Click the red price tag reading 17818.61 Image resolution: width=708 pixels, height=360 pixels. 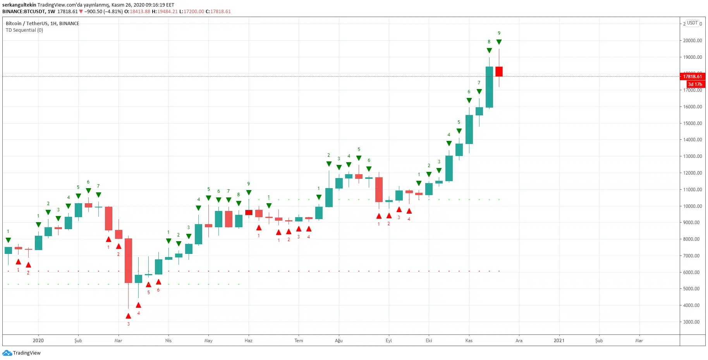pyautogui.click(x=692, y=76)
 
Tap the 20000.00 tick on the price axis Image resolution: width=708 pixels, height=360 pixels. pyautogui.click(x=693, y=41)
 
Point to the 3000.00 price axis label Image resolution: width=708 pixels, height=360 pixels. pyautogui.click(x=693, y=322)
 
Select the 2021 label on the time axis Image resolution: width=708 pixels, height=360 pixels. pyautogui.click(x=559, y=341)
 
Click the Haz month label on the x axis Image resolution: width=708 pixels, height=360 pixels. pyautogui.click(x=248, y=341)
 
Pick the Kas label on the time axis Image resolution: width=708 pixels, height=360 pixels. pyautogui.click(x=469, y=341)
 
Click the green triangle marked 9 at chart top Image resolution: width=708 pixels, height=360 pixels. pyautogui.click(x=499, y=42)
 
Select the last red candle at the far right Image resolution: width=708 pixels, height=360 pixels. pyautogui.click(x=499, y=72)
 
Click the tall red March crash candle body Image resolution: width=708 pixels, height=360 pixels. pyautogui.click(x=128, y=260)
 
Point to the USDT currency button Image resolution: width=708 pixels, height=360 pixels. pyautogui.click(x=692, y=23)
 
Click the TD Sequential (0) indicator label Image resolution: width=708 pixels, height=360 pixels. pyautogui.click(x=24, y=30)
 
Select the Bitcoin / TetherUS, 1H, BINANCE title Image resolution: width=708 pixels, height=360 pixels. pyautogui.click(x=42, y=24)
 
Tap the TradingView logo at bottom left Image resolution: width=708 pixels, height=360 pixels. pyautogui.click(x=22, y=353)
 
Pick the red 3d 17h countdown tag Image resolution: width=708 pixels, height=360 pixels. pyautogui.click(x=695, y=84)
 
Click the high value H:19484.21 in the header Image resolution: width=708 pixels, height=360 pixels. pyautogui.click(x=165, y=12)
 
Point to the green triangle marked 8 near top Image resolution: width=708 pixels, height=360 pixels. pyautogui.click(x=489, y=51)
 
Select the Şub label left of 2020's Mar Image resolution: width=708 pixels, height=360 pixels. pyautogui.click(x=78, y=341)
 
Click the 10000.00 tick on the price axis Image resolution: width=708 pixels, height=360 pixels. pyautogui.click(x=693, y=206)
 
